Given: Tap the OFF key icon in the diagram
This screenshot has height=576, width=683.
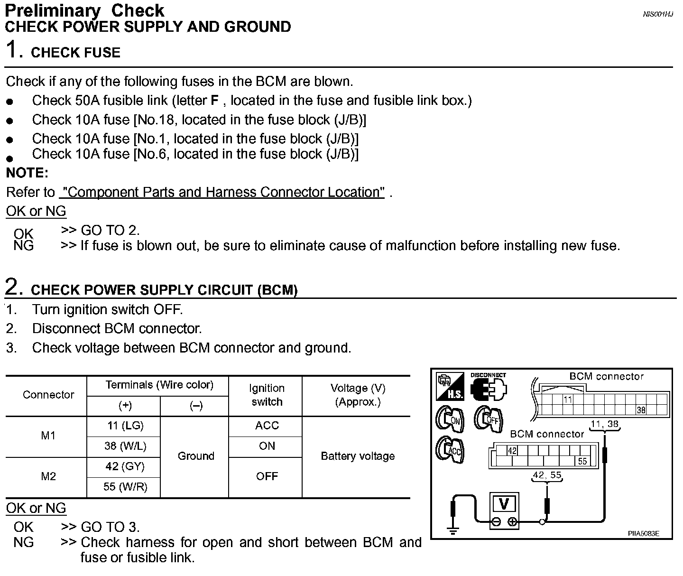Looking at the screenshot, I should (489, 419).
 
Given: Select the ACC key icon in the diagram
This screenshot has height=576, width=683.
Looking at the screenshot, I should (450, 450).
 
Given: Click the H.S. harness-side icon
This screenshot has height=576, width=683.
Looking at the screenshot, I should (450, 386).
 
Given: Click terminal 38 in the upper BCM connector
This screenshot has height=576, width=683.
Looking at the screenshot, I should (641, 410).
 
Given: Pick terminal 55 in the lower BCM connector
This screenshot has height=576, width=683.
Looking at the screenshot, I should (582, 461).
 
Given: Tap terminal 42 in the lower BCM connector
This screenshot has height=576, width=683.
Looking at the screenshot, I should (512, 451).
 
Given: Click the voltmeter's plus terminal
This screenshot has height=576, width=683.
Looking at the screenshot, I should (512, 522).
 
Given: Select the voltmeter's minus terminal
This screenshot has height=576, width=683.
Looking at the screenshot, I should (496, 522).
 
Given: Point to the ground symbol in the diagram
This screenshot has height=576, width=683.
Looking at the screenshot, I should (453, 530).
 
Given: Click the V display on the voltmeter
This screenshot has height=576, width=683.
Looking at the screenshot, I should (504, 504).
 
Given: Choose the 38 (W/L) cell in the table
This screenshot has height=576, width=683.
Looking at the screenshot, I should (125, 446).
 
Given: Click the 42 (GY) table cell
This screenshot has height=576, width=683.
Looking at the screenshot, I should (125, 467).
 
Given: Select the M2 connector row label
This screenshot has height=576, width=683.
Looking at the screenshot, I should (48, 476).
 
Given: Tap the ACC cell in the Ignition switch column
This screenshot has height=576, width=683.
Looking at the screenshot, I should (267, 426).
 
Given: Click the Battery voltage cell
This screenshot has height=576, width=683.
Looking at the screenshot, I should (358, 456).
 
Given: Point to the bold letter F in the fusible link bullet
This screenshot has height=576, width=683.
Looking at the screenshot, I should (214, 101).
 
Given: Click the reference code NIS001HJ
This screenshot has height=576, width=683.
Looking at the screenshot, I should (657, 14).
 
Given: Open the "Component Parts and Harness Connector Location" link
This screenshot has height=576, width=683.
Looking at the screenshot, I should (222, 192).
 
